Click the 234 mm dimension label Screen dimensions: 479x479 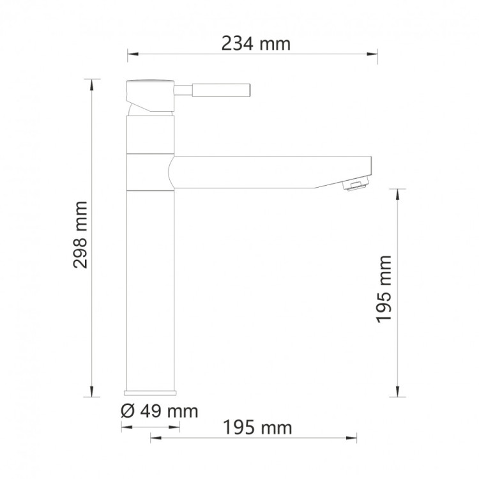pos(255,44)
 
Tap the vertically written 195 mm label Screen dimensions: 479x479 pos(383,289)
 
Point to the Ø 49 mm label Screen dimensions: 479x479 pos(159,410)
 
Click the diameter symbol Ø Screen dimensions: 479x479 pos(126,410)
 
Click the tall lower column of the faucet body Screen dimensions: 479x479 pos(151,287)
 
